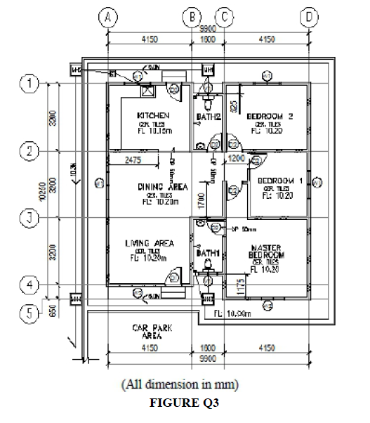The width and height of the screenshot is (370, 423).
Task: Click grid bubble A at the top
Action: (107, 16)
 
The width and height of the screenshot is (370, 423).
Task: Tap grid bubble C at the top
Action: (224, 16)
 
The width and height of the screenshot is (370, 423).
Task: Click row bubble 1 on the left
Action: (29, 84)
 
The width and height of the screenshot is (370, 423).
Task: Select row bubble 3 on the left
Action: (29, 218)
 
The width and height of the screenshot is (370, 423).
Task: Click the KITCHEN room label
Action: (152, 115)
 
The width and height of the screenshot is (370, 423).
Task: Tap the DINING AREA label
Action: (161, 187)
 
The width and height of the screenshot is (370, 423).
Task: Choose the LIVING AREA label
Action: (150, 244)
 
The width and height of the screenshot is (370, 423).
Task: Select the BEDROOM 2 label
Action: (270, 116)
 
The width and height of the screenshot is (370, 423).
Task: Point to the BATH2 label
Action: (209, 116)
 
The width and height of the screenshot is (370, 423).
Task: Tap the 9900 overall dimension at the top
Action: (208, 30)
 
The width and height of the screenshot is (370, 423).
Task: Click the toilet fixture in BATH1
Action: (207, 265)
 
